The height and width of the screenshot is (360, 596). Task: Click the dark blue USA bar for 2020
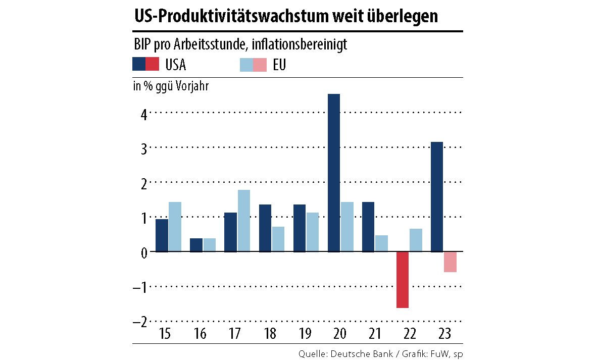click(x=334, y=173)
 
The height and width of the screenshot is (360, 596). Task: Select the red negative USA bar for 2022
click(x=403, y=279)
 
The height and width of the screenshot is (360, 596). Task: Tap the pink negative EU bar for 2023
click(x=451, y=262)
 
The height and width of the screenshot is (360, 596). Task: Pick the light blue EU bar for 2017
click(x=243, y=221)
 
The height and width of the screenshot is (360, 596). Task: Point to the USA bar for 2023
click(x=437, y=196)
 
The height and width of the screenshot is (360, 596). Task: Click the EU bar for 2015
click(x=175, y=227)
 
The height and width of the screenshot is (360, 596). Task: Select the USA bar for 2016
click(x=196, y=245)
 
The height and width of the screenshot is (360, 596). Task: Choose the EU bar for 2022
click(x=416, y=240)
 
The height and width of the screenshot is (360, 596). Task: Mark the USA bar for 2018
click(x=265, y=228)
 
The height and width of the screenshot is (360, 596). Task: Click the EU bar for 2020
click(x=347, y=227)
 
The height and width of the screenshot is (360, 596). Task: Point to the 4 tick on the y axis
click(x=143, y=114)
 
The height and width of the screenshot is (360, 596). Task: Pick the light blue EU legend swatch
click(x=246, y=65)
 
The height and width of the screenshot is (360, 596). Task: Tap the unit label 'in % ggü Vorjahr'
click(x=171, y=86)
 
